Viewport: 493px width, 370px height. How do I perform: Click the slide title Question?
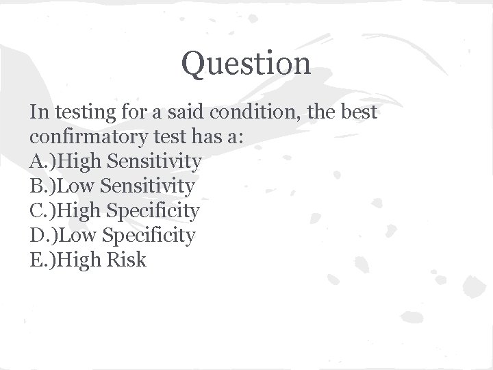pyautogui.click(x=246, y=64)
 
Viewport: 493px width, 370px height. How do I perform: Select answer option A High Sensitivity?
pyautogui.click(x=116, y=162)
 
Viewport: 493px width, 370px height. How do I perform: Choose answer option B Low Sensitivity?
pyautogui.click(x=112, y=186)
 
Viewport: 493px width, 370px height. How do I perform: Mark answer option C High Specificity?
pyautogui.click(x=114, y=211)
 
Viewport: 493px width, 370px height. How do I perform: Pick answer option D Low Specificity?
pyautogui.click(x=112, y=236)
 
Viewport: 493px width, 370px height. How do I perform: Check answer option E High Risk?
pyautogui.click(x=88, y=260)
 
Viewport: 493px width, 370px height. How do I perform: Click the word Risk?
pyautogui.click(x=127, y=260)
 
